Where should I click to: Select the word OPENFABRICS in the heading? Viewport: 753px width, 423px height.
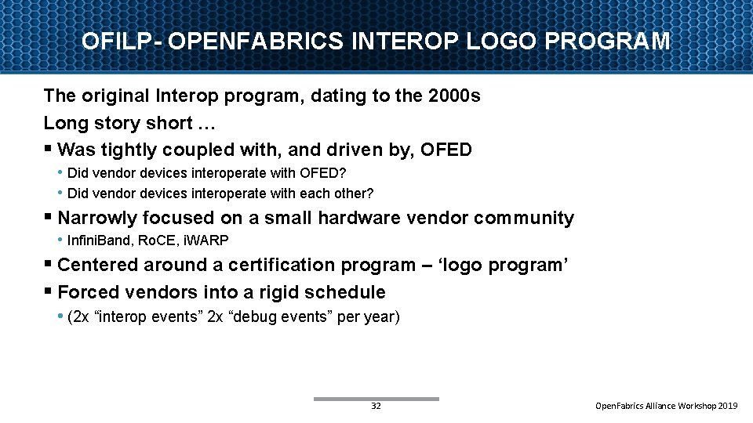pos(255,41)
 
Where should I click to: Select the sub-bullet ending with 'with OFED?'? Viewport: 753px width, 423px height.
pos(207,172)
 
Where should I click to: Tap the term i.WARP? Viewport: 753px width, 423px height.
pos(208,240)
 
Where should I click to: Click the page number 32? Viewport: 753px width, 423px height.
pos(376,406)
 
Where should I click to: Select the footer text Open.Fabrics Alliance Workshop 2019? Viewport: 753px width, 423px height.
pos(666,406)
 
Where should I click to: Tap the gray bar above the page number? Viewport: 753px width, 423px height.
pos(376,399)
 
